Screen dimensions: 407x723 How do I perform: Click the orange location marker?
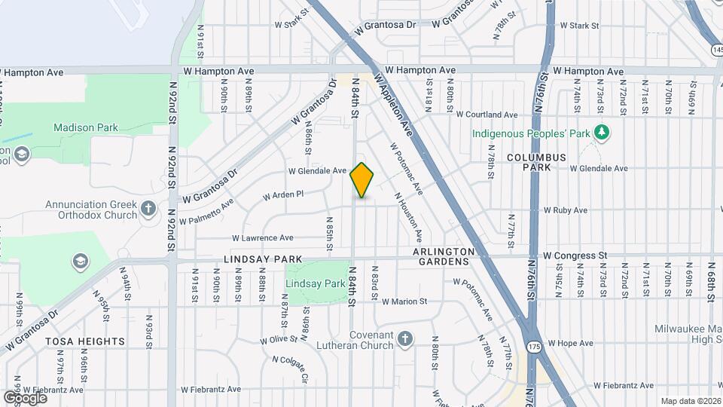[362, 180]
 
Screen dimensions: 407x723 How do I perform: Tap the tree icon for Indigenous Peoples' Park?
[601, 133]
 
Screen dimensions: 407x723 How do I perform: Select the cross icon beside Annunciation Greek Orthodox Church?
[148, 208]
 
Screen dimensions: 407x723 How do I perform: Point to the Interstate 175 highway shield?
[535, 346]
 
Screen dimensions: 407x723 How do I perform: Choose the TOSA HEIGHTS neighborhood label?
[85, 341]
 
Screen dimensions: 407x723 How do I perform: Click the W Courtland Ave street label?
[487, 115]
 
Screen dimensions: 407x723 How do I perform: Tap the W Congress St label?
[575, 256]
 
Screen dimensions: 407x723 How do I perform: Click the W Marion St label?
[404, 301]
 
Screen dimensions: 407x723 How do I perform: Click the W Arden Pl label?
[282, 194]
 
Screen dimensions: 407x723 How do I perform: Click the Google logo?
[25, 397]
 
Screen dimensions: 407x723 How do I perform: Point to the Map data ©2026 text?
[690, 401]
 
